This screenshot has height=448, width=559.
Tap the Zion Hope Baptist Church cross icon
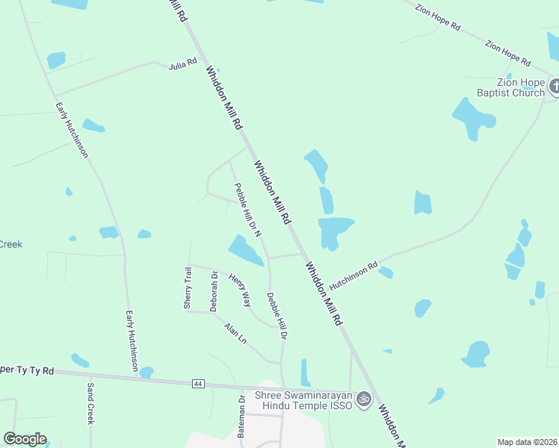click(x=554, y=87)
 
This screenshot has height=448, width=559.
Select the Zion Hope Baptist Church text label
click(x=511, y=88)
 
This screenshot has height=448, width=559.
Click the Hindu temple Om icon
click(x=364, y=399)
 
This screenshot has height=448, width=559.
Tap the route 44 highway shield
click(x=197, y=383)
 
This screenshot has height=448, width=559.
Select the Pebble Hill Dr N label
click(x=247, y=211)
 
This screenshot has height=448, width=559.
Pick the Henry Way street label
click(x=240, y=290)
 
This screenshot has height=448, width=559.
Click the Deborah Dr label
click(x=214, y=291)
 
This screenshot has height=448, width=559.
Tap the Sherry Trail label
click(x=188, y=288)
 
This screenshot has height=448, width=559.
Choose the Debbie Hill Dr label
click(x=277, y=316)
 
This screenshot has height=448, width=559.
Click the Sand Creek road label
click(x=90, y=404)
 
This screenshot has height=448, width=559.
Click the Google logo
click(x=25, y=439)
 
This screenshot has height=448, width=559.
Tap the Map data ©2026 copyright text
click(x=527, y=442)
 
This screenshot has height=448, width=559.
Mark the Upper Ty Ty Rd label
click(x=27, y=370)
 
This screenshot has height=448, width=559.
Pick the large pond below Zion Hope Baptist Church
click(x=473, y=118)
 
